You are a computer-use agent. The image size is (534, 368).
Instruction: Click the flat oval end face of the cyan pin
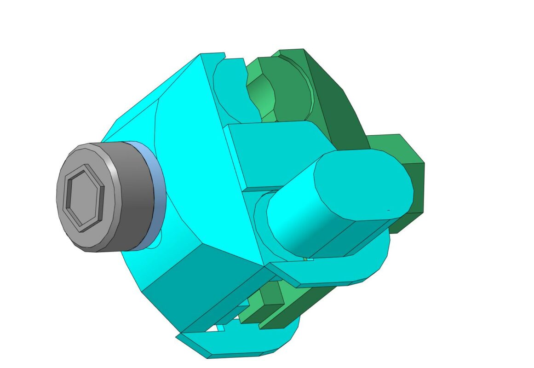click(363, 184)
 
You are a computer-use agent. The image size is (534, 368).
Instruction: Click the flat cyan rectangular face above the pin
click(271, 152)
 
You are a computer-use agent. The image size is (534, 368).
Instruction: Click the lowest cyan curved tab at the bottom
click(239, 345)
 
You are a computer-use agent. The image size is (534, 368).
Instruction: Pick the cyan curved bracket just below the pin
click(331, 271)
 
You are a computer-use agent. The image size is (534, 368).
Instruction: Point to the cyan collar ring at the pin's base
click(260, 216)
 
